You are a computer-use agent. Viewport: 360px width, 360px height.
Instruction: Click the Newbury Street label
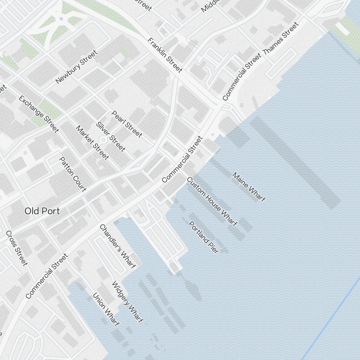(76, 67)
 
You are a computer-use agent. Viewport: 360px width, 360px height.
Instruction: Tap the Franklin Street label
(165, 55)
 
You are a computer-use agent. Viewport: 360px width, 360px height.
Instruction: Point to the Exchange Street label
(39, 114)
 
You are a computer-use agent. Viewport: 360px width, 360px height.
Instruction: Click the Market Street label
(92, 143)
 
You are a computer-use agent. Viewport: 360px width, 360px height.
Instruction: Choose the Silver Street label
(111, 136)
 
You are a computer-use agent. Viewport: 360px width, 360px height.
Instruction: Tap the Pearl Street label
(127, 124)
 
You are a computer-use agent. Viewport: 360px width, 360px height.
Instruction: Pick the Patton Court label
(73, 174)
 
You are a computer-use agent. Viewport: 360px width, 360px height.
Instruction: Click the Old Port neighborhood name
(42, 211)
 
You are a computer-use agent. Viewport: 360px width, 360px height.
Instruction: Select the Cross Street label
(17, 248)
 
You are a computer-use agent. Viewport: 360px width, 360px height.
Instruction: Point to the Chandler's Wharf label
(117, 246)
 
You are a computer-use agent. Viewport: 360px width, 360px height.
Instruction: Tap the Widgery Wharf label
(127, 302)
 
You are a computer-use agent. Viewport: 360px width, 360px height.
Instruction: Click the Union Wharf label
(105, 310)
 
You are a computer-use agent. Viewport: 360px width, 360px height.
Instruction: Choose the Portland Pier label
(203, 237)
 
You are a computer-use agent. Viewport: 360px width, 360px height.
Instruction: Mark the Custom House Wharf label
(212, 202)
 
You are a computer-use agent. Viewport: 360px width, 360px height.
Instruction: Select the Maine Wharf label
(249, 187)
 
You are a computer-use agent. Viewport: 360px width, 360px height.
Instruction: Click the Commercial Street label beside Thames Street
(241, 77)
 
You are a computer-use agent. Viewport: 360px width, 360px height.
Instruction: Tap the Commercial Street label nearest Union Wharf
(47, 276)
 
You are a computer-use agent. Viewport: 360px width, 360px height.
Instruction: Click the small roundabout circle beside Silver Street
(103, 139)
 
